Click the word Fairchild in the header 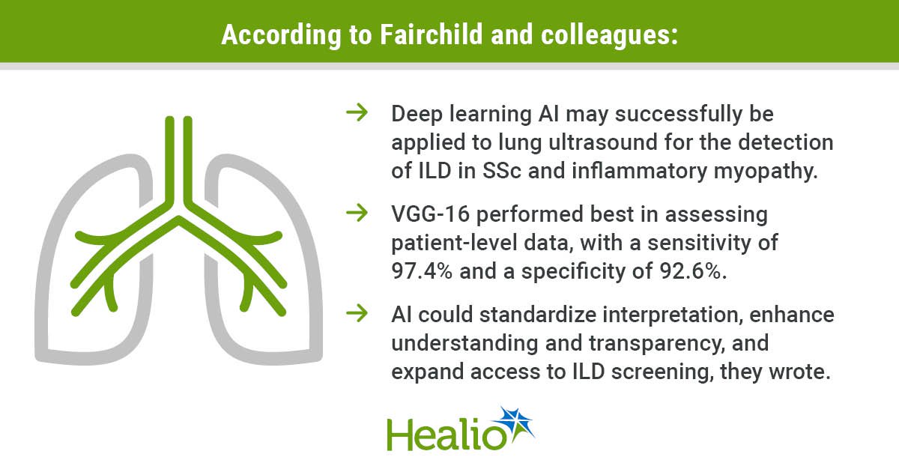coord(431,34)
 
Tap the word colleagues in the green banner coord(610,36)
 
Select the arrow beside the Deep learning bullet coord(357,113)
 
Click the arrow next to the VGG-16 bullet coord(357,213)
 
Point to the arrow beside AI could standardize coord(357,313)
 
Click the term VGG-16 coord(431,214)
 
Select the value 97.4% coord(422,271)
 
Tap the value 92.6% coord(693,271)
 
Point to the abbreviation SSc coord(502,171)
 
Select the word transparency coord(656,345)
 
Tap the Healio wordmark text coord(447,435)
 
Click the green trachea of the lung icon coord(179,160)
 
